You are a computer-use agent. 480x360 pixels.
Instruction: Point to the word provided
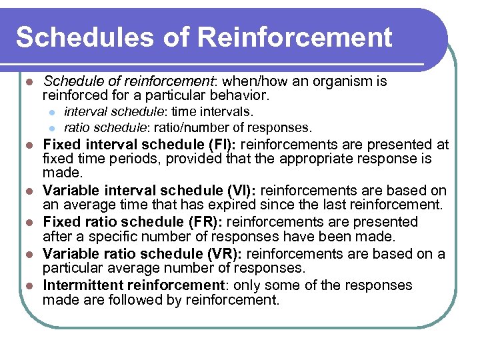(x=194, y=159)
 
